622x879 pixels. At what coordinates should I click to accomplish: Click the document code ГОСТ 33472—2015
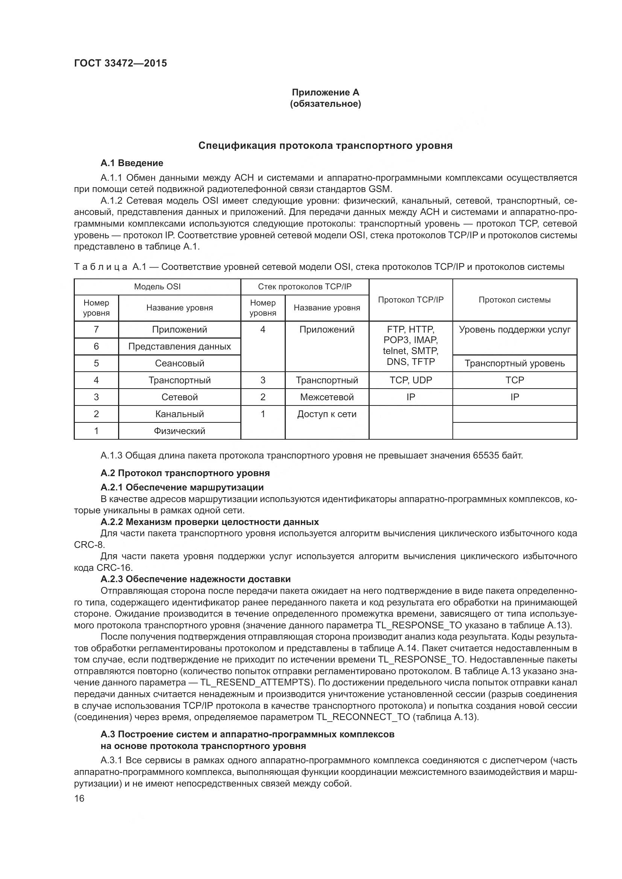tap(121, 63)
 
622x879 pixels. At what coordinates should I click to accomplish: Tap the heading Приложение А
tap(326, 92)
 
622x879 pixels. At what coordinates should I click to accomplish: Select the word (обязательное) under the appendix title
tap(326, 104)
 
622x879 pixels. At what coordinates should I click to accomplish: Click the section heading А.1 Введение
tap(132, 163)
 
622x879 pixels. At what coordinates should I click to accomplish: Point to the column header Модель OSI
tap(157, 287)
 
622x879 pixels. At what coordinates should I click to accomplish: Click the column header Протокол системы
tap(514, 300)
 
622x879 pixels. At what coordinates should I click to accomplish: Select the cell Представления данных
tap(179, 346)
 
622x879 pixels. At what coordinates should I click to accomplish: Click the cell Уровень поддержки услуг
tap(514, 330)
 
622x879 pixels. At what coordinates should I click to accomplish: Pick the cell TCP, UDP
tap(411, 380)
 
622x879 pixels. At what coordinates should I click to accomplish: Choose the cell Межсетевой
tap(327, 397)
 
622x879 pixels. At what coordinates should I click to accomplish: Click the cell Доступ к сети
tap(327, 414)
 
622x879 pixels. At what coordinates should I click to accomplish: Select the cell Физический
tap(179, 431)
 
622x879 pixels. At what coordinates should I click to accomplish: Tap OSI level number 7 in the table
tap(96, 330)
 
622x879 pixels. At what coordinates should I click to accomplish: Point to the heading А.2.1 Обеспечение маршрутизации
tap(182, 487)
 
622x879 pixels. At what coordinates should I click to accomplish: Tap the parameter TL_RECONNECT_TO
tap(363, 717)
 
